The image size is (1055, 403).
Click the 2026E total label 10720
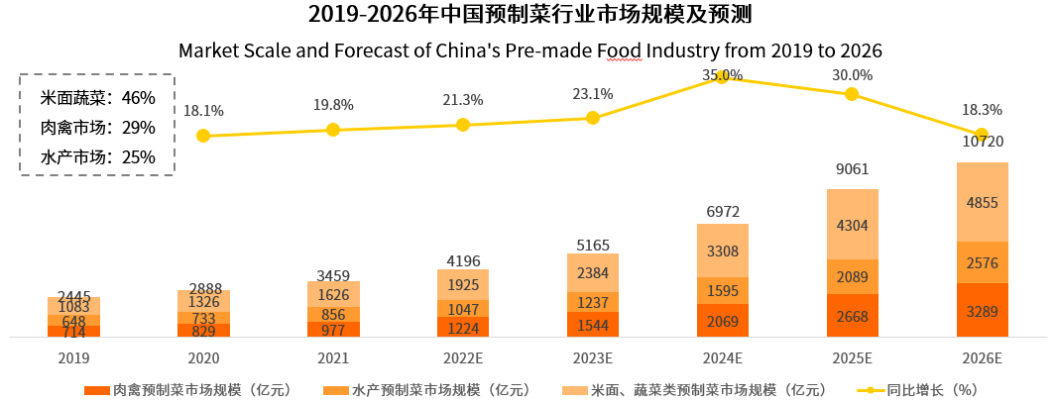coord(982,143)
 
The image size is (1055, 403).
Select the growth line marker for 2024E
coord(722,77)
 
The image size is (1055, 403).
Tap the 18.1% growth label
coord(203,112)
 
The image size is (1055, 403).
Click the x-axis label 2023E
coord(592,357)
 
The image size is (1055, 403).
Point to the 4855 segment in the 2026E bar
coord(982,203)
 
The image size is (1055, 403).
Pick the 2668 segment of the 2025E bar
coord(852,317)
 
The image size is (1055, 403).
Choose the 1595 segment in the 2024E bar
coord(722,290)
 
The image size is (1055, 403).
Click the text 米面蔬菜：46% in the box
coord(97,98)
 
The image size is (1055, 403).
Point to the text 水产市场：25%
coord(97,156)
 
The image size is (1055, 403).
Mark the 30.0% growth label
coord(852,75)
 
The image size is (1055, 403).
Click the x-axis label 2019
coord(73,357)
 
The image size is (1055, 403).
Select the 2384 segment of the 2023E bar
coord(592,273)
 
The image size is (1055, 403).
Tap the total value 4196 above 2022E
coord(463,260)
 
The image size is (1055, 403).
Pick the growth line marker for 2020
coord(203,136)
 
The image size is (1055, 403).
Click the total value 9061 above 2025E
coord(852,168)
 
